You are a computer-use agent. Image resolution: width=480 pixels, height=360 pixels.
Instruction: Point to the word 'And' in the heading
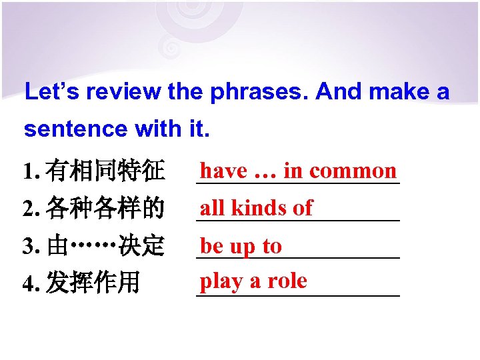[x=339, y=92]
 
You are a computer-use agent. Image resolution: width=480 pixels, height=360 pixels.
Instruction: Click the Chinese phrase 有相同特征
[x=106, y=173]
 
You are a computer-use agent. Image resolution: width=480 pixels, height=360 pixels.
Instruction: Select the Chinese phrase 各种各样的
[x=106, y=209]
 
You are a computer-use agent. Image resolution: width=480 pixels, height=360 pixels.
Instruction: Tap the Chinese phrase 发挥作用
[x=93, y=283]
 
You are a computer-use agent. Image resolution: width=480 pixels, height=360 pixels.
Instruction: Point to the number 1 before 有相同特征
[x=27, y=173]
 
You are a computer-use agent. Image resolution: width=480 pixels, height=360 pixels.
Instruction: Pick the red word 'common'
[x=353, y=171]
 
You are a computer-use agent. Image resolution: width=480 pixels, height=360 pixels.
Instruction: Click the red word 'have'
[x=224, y=171]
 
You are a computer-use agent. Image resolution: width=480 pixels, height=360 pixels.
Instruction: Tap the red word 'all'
[x=212, y=208]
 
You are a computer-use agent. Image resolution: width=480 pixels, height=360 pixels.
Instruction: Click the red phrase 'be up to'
[x=241, y=246]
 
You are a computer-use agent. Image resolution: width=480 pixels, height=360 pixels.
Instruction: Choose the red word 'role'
[x=287, y=281]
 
